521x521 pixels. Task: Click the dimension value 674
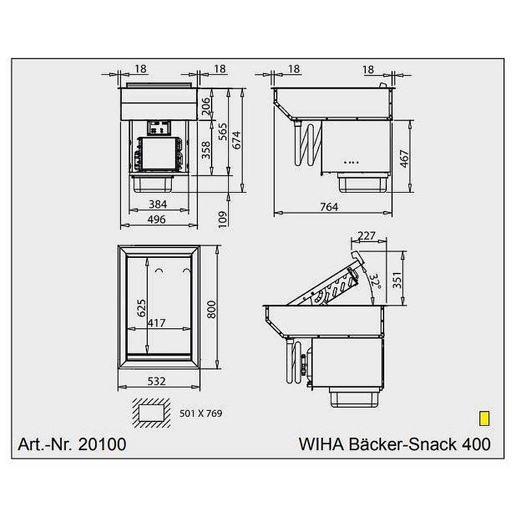[x=236, y=140]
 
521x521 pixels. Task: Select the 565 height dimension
[x=222, y=132]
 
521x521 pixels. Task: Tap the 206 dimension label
[x=206, y=106]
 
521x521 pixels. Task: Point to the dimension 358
[x=206, y=150]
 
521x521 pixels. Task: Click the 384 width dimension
[x=158, y=204]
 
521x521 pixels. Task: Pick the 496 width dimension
[x=156, y=219]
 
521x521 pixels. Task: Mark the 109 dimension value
[x=222, y=219]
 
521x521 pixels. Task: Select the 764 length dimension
[x=330, y=206]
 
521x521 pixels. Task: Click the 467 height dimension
[x=404, y=158]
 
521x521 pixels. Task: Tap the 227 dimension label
[x=366, y=236]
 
